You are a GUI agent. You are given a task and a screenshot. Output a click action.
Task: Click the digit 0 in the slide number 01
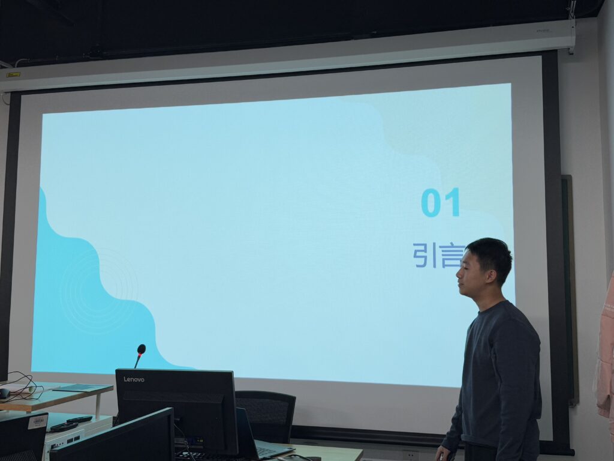coord(432,202)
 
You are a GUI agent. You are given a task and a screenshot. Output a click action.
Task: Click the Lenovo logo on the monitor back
coord(134,379)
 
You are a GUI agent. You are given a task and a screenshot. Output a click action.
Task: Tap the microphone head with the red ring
coord(141,349)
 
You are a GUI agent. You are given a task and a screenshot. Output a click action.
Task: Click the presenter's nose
coord(459,274)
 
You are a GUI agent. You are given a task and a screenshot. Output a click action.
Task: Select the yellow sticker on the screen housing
coord(13,74)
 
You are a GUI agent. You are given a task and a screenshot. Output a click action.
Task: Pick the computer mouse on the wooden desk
coord(4,393)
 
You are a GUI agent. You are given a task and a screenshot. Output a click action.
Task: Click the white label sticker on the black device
coord(38,421)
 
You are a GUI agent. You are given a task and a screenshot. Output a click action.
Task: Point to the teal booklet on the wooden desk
coord(83,388)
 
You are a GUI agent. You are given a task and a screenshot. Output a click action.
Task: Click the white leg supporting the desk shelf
coord(98,405)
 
